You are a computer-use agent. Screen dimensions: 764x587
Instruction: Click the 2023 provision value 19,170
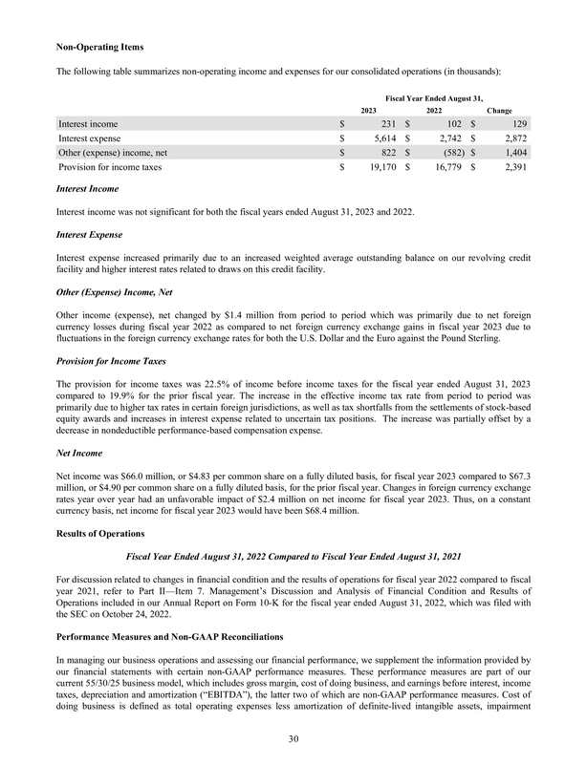380,167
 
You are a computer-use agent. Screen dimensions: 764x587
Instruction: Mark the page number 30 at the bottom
293,738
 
